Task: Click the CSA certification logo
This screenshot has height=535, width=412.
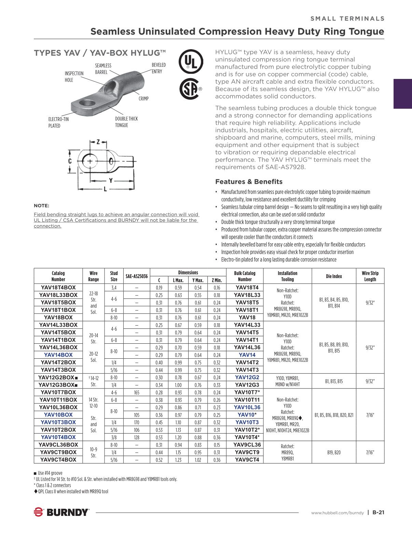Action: [x=189, y=89]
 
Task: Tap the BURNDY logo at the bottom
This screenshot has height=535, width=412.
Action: [x=61, y=512]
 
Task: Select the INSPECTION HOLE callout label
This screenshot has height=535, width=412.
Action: [x=74, y=77]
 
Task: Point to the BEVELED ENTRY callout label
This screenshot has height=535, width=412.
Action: [x=159, y=68]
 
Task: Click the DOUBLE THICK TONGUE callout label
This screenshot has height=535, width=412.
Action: [x=126, y=122]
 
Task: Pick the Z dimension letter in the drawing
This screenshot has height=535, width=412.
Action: [x=98, y=142]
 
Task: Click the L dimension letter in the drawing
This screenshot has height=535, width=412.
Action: [x=105, y=189]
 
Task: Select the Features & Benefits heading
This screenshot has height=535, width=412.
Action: [x=249, y=182]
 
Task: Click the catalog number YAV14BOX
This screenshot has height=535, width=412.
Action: [x=58, y=355]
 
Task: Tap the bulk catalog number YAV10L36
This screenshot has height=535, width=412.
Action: [x=247, y=407]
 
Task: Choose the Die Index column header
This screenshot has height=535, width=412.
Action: [x=334, y=276]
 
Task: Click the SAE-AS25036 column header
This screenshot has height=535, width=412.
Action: [x=137, y=276]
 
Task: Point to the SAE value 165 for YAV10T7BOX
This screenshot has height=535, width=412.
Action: [x=137, y=393]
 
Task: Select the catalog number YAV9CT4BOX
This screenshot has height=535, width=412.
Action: [x=58, y=460]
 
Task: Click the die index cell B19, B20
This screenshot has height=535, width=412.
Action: [x=334, y=452]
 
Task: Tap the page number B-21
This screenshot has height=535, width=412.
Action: [x=379, y=512]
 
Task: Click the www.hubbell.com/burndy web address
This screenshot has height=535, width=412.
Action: [x=338, y=513]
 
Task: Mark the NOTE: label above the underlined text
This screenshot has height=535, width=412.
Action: [x=41, y=206]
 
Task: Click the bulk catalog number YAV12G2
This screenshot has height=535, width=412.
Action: [x=247, y=378]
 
